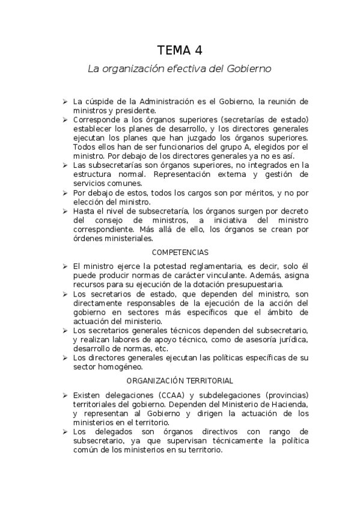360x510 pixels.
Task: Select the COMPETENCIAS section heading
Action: pos(180,252)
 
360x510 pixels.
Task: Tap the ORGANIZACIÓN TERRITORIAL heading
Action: pos(180,381)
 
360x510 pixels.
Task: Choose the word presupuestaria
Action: pos(252,284)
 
